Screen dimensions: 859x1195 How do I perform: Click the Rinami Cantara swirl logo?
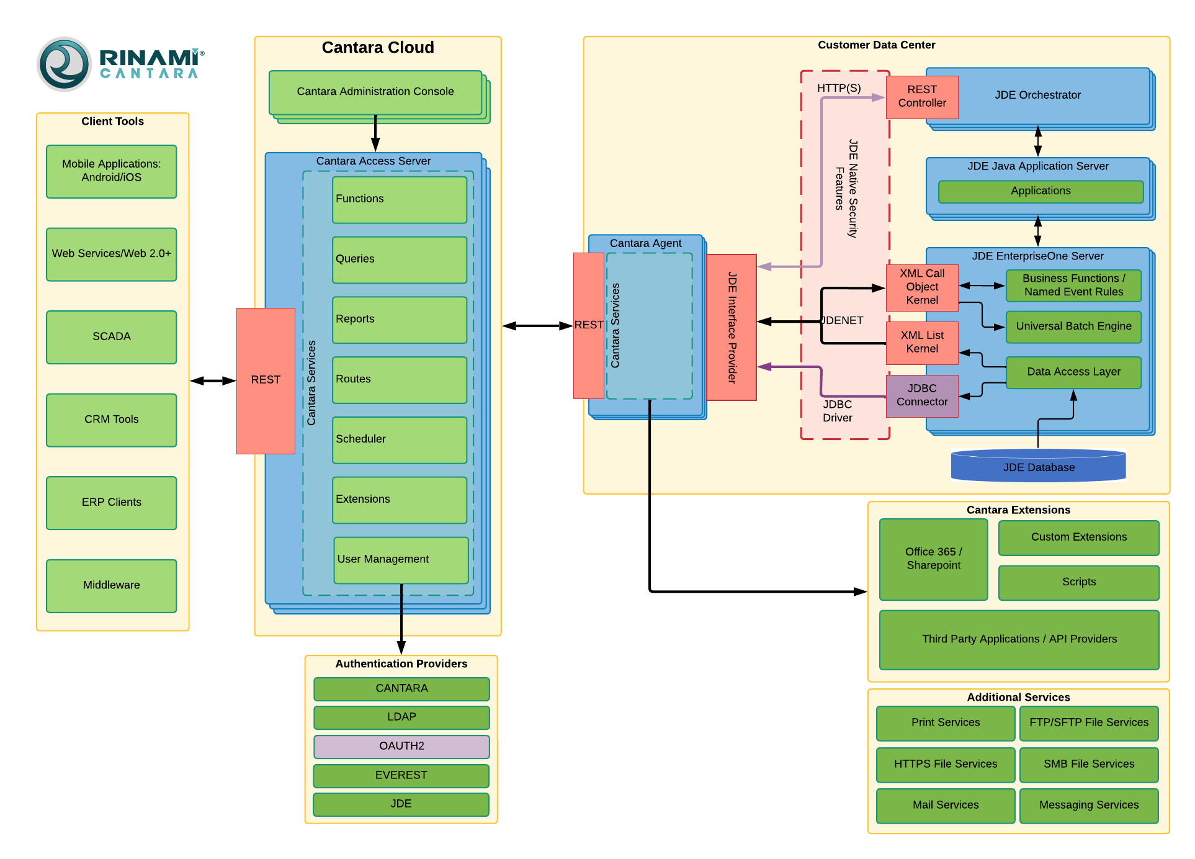[64, 64]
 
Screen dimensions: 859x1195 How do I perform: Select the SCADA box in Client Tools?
[112, 337]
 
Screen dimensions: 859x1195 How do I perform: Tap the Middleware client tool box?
[112, 585]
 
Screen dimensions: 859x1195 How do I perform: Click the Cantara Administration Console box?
[375, 92]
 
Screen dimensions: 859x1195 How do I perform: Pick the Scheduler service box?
[400, 439]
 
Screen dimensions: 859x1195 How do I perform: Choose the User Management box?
[401, 560]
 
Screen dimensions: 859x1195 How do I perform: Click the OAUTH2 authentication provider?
[401, 746]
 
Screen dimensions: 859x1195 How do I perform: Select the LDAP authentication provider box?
[401, 717]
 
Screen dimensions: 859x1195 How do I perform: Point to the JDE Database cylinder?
[1039, 467]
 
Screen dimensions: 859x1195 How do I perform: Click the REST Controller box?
[922, 97]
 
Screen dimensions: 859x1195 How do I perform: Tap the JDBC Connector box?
[922, 395]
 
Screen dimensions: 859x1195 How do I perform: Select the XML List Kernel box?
[922, 342]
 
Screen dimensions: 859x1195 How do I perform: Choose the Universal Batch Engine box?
[1073, 326]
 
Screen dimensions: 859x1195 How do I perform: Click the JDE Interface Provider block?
[732, 327]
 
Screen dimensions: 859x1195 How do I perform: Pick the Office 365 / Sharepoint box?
[933, 559]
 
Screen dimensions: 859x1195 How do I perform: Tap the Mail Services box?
[946, 805]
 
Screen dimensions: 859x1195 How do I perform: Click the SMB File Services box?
[1089, 764]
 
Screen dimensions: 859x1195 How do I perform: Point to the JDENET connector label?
[843, 320]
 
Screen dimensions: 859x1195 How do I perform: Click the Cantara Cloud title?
[378, 48]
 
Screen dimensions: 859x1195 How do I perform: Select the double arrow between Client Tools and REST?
[213, 380]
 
